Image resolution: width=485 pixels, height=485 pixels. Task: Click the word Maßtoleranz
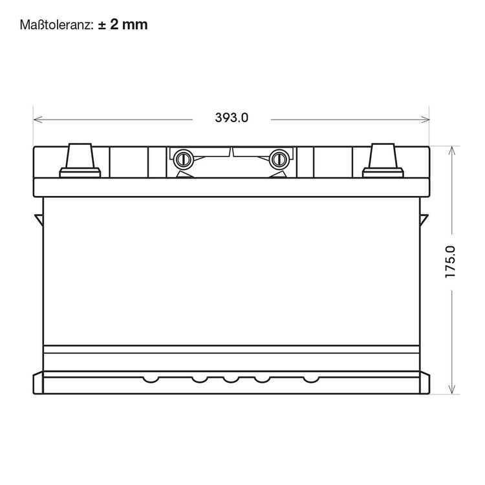(56, 25)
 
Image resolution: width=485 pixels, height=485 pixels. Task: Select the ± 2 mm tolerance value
(123, 25)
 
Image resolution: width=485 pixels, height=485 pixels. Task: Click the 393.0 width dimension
(232, 118)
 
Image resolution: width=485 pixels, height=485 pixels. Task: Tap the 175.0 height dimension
(450, 262)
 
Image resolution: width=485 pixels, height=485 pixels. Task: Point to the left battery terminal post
(80, 156)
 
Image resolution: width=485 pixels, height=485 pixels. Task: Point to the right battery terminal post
(383, 156)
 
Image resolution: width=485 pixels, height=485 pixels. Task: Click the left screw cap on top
(184, 160)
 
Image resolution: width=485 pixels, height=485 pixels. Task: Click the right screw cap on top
(279, 160)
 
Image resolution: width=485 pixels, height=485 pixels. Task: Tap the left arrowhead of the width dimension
(38, 120)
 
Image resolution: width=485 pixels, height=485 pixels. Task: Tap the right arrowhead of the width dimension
(425, 120)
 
